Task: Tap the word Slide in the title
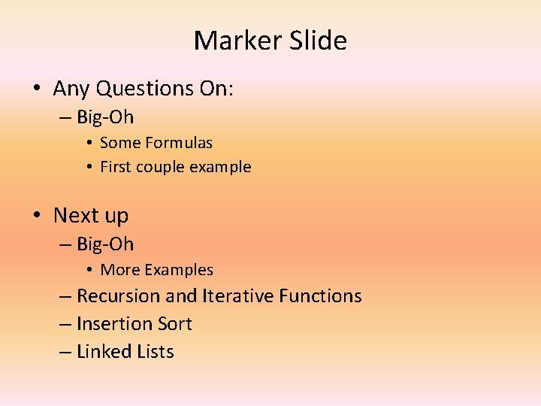[x=321, y=41]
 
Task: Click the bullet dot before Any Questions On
[x=37, y=89]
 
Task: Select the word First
[x=116, y=167]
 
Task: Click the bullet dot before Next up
[x=37, y=216]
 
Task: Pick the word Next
[x=76, y=216]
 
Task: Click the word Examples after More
[x=180, y=270]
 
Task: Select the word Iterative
[x=237, y=296]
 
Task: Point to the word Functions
[x=320, y=296]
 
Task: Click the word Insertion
[x=114, y=324]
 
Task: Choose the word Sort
[x=174, y=324]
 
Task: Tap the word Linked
[x=104, y=352]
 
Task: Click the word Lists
[x=156, y=352]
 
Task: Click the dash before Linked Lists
[x=65, y=352]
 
